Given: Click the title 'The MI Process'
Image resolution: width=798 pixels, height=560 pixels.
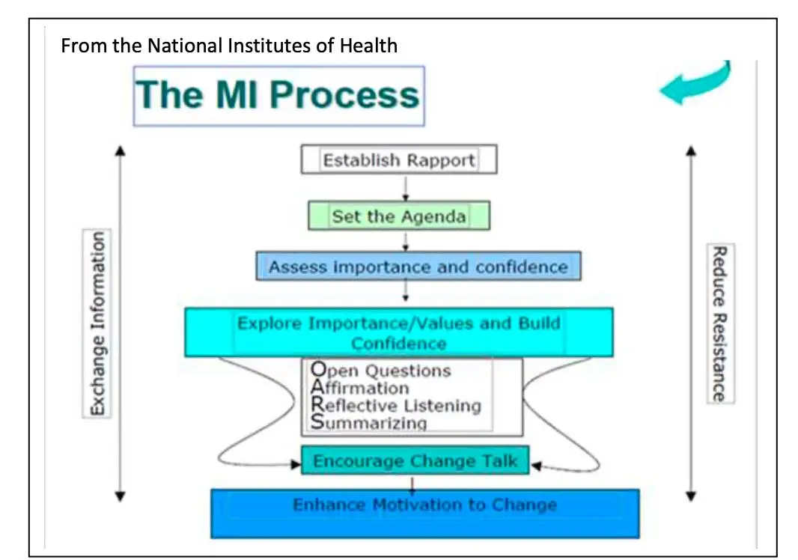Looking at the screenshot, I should click(278, 96).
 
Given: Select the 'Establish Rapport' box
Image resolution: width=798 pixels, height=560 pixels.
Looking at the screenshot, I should click(398, 159).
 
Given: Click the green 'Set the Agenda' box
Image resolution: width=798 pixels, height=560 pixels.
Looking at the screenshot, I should click(399, 216).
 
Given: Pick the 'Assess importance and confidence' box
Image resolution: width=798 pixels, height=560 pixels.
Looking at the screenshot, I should click(418, 267).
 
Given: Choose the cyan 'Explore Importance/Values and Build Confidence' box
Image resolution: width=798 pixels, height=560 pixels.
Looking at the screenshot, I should click(399, 332).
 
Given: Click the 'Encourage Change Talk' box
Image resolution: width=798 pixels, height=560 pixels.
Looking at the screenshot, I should click(415, 460).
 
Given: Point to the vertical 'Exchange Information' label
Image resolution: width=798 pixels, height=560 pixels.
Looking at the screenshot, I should click(98, 323).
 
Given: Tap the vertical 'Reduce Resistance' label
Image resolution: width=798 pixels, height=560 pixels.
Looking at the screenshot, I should click(720, 323).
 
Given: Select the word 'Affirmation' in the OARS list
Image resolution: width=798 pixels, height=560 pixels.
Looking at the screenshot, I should click(360, 388).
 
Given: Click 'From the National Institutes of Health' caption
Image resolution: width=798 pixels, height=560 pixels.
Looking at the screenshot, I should click(229, 46).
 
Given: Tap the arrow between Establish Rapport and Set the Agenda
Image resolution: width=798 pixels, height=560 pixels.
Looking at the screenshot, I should click(404, 188).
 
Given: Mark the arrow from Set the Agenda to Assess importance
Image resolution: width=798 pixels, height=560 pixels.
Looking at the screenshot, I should click(405, 240).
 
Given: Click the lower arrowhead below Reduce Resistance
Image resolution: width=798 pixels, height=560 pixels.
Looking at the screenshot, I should click(691, 495).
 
